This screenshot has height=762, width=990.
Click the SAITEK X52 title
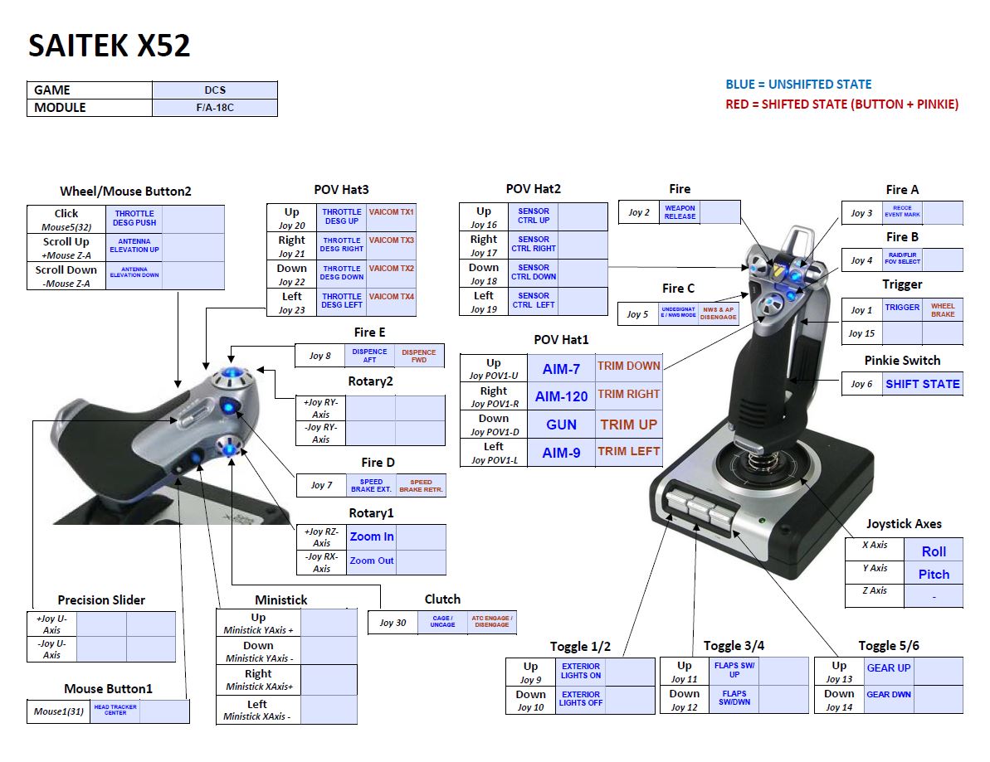(110, 46)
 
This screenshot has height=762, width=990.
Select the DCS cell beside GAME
(215, 90)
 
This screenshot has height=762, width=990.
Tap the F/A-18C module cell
(215, 108)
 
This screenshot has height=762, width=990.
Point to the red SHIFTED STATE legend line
(841, 104)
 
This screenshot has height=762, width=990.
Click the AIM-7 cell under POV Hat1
(561, 369)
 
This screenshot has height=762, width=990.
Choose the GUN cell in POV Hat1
(561, 425)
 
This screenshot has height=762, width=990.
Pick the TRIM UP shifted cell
(629, 425)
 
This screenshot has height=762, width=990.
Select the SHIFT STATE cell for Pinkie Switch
(922, 384)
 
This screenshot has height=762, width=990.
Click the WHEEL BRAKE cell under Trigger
(943, 310)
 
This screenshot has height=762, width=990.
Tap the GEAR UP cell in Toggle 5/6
(888, 668)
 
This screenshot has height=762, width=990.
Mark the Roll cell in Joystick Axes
(934, 551)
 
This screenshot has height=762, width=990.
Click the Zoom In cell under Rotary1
(372, 536)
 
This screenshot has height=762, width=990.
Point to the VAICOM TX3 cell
(391, 240)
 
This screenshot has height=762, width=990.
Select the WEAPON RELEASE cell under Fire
(680, 212)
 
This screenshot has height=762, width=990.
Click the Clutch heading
(442, 599)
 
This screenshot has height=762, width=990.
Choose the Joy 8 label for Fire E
(320, 356)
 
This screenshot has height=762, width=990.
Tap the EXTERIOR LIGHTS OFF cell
(580, 699)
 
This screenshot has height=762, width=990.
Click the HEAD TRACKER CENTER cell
(115, 711)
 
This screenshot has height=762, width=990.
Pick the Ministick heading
(281, 599)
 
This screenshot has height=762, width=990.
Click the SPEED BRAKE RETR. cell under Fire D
(421, 486)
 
